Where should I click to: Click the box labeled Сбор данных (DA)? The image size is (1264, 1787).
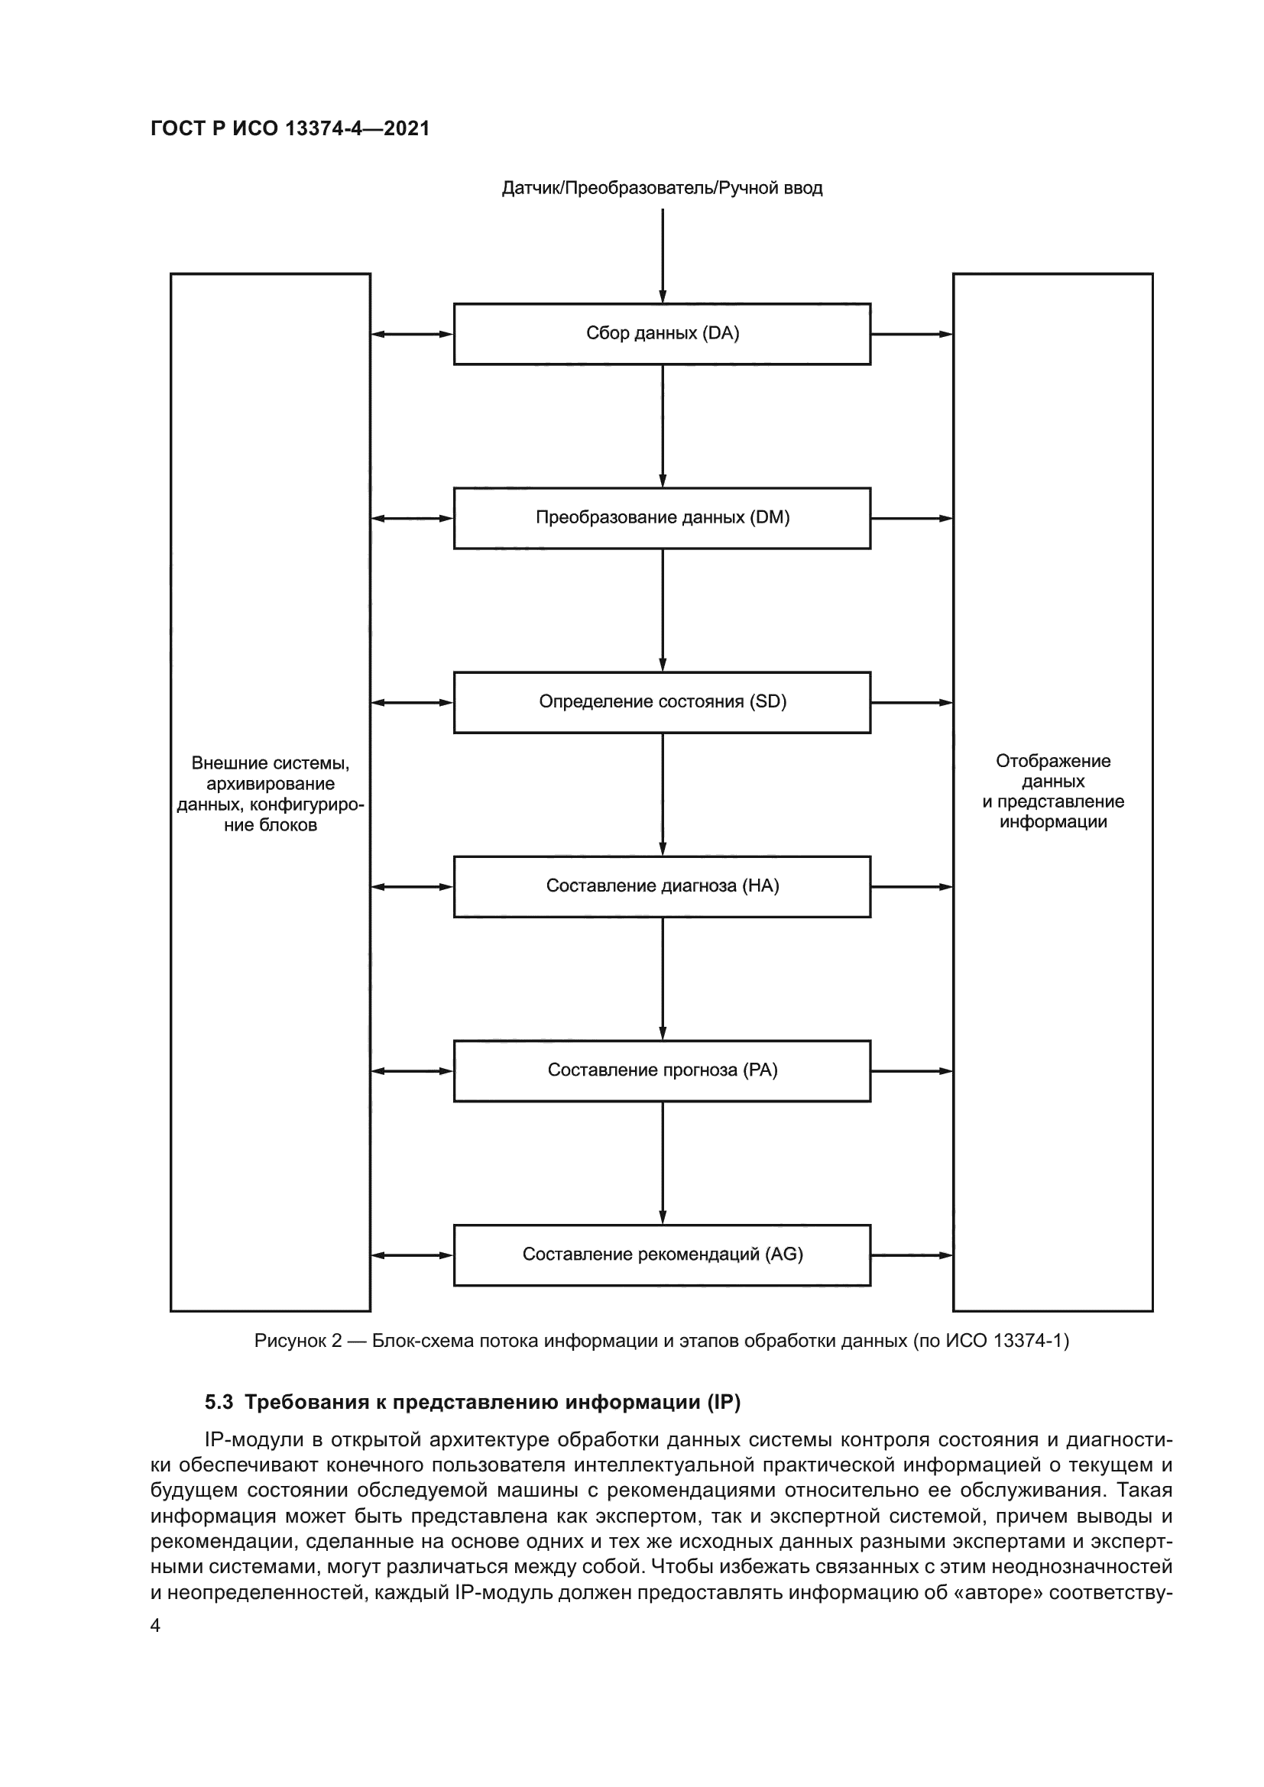click(662, 334)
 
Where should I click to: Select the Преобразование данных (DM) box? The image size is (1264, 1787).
click(662, 518)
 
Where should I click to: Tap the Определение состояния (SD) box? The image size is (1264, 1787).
click(662, 702)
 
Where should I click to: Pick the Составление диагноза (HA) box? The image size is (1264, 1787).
click(662, 886)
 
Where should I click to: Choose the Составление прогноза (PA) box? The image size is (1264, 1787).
click(662, 1071)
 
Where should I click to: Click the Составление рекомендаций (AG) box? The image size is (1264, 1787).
click(662, 1254)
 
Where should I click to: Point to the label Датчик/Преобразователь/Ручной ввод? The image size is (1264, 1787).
click(662, 189)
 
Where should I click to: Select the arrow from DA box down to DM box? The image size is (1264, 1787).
click(663, 426)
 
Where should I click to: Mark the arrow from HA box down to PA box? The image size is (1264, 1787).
click(663, 979)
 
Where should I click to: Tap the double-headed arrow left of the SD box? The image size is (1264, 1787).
click(412, 703)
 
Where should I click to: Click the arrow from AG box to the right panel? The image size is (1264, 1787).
click(912, 1255)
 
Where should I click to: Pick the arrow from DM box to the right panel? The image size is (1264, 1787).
click(912, 518)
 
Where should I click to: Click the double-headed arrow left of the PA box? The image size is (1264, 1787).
click(412, 1071)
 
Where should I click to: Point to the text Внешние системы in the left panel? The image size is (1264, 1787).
click(270, 763)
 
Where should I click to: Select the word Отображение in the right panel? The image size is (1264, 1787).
click(1052, 761)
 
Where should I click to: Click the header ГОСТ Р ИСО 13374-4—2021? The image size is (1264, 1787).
click(290, 128)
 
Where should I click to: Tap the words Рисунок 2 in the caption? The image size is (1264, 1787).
click(298, 1341)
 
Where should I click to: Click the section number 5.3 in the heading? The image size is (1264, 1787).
click(219, 1403)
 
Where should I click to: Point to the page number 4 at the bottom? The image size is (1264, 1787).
click(156, 1625)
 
